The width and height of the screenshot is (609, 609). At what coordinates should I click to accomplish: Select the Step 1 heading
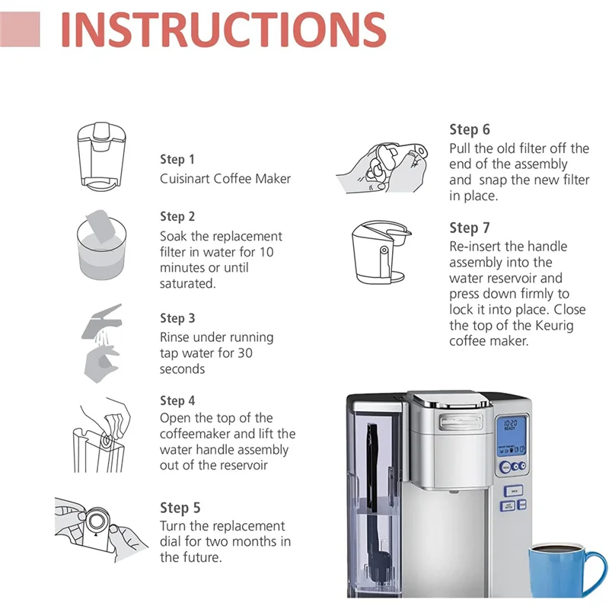pyautogui.click(x=177, y=159)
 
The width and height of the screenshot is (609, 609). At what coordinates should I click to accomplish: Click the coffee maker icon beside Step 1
pyautogui.click(x=104, y=155)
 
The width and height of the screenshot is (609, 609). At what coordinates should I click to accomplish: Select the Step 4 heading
pyautogui.click(x=177, y=400)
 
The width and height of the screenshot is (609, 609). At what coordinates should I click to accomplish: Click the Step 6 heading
pyautogui.click(x=470, y=129)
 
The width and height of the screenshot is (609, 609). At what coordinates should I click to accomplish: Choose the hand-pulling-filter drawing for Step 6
pyautogui.click(x=385, y=164)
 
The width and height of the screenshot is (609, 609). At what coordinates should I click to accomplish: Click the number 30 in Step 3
pyautogui.click(x=245, y=353)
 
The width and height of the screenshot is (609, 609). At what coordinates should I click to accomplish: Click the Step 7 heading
pyautogui.click(x=470, y=228)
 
